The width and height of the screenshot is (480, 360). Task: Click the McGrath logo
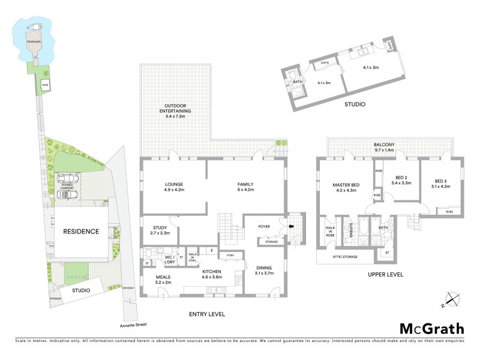click(432, 328)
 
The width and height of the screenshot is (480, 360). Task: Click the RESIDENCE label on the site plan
click(81, 232)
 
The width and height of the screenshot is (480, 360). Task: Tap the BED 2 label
click(400, 179)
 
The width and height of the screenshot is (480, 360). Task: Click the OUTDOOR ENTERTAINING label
click(175, 109)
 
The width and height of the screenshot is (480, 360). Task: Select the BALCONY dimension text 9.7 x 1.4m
click(387, 151)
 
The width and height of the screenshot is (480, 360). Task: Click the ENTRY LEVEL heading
click(206, 314)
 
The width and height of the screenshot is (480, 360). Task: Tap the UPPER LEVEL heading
click(386, 275)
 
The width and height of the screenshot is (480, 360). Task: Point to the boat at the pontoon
click(34, 26)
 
